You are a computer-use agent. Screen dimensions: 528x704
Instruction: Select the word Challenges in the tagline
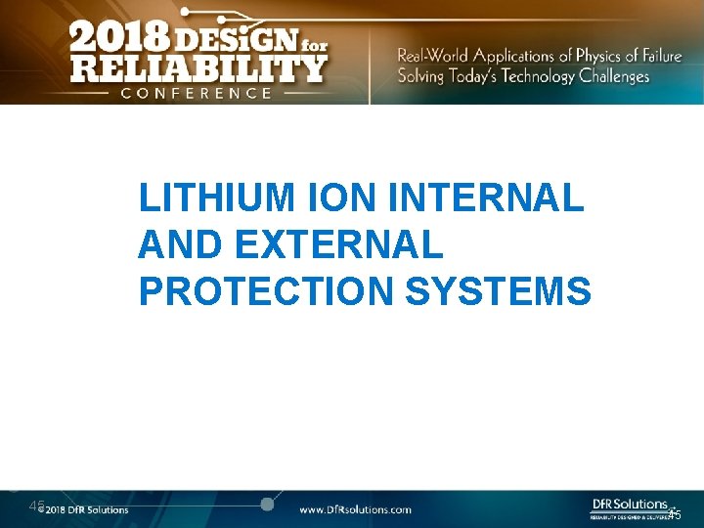point(613,76)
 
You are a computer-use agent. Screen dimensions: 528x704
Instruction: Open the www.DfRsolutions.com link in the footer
point(355,509)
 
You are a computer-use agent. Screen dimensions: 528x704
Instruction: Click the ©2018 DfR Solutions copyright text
point(86,509)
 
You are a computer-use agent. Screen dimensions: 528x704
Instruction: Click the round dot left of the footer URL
point(266,505)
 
